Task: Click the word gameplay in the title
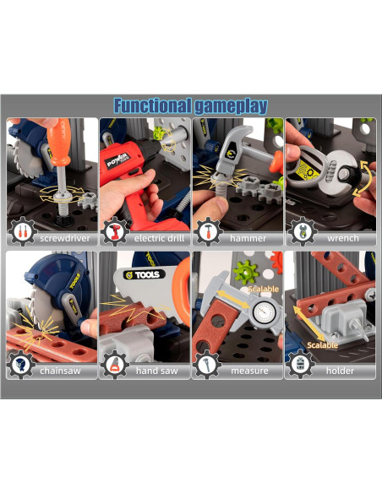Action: (231, 106)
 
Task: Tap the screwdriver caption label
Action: (65, 238)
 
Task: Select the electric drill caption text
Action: (159, 238)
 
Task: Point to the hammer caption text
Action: (248, 238)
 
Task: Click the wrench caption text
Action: (343, 238)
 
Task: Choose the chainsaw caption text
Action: (60, 371)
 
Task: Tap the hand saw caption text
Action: (156, 371)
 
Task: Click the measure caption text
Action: (249, 371)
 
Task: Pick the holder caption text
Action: (340, 371)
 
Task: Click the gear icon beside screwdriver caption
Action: (22, 231)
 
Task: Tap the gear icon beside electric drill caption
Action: (115, 231)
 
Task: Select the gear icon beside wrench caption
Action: (302, 231)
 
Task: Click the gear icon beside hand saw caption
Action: (115, 365)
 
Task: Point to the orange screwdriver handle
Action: (60, 142)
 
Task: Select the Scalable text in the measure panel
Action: (264, 289)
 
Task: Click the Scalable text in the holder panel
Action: (322, 345)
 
